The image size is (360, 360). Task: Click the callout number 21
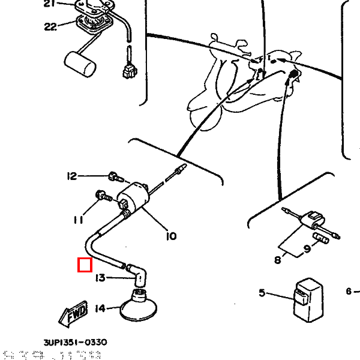tap(49, 4)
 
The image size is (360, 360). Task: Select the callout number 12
tap(72, 176)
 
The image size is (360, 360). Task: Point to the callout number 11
tap(79, 220)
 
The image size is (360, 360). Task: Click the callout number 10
tap(171, 236)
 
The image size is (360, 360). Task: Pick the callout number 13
tap(100, 277)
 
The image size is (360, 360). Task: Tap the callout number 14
tap(100, 308)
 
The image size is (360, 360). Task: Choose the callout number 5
tap(262, 293)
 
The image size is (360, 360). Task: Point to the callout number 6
tap(349, 292)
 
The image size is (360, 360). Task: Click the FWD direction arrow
tap(74, 312)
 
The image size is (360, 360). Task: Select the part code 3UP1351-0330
tap(75, 342)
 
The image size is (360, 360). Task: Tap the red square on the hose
tap(85, 265)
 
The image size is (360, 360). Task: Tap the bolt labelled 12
tap(114, 177)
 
